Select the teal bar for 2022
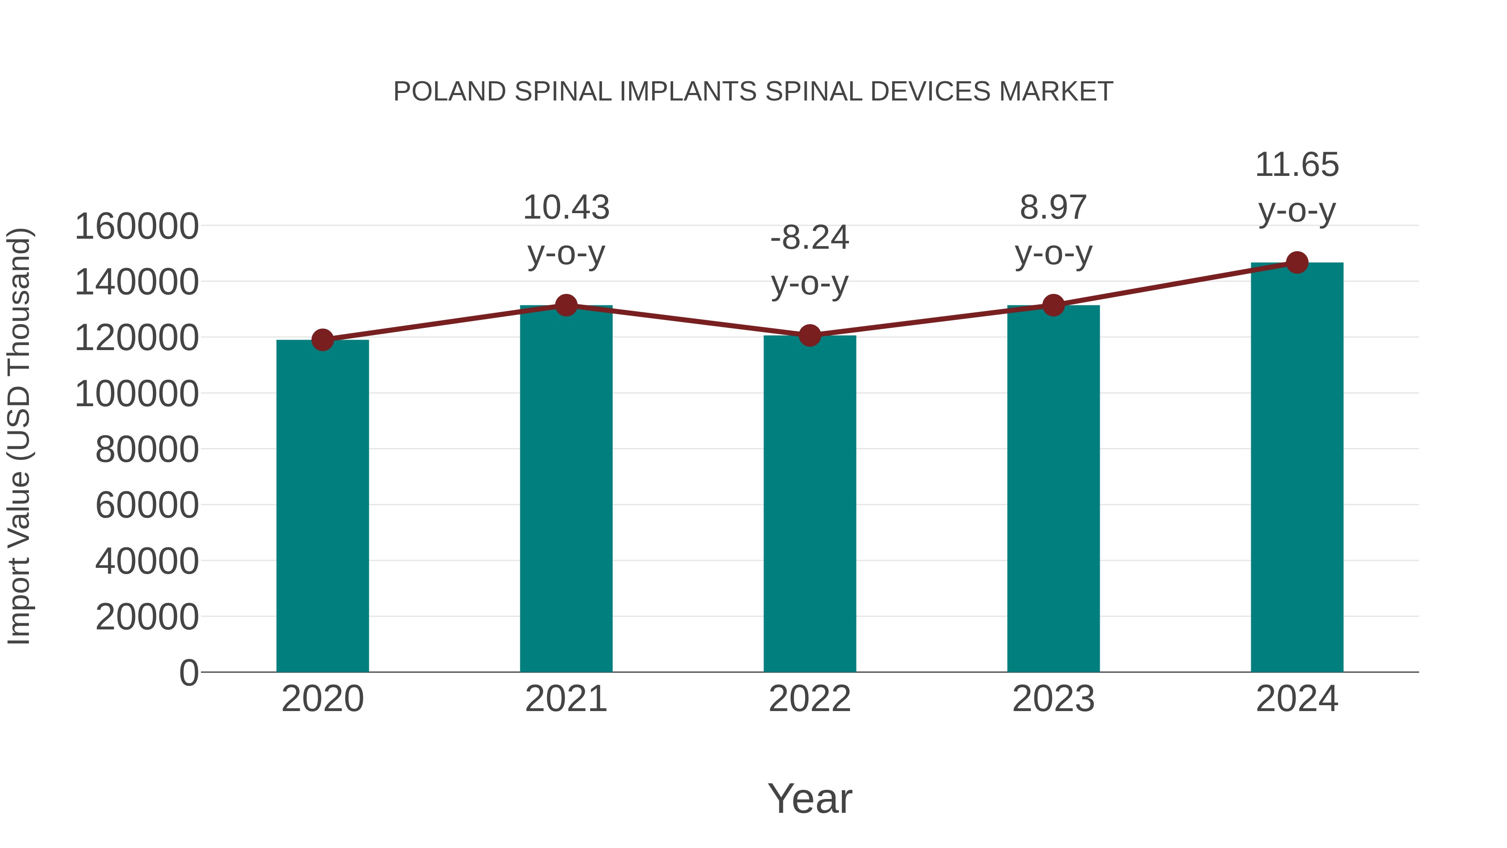tap(810, 503)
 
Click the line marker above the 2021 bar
tap(566, 305)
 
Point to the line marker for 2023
tap(1053, 305)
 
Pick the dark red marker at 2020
tap(322, 340)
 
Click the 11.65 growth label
tap(1297, 165)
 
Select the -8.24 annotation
tap(810, 238)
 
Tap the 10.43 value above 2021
tap(566, 208)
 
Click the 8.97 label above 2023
tap(1053, 208)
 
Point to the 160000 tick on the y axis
tap(136, 227)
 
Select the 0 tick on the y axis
tap(188, 673)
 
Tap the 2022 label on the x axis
tap(810, 699)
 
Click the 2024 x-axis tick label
tap(1297, 699)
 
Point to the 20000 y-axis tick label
tap(147, 617)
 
